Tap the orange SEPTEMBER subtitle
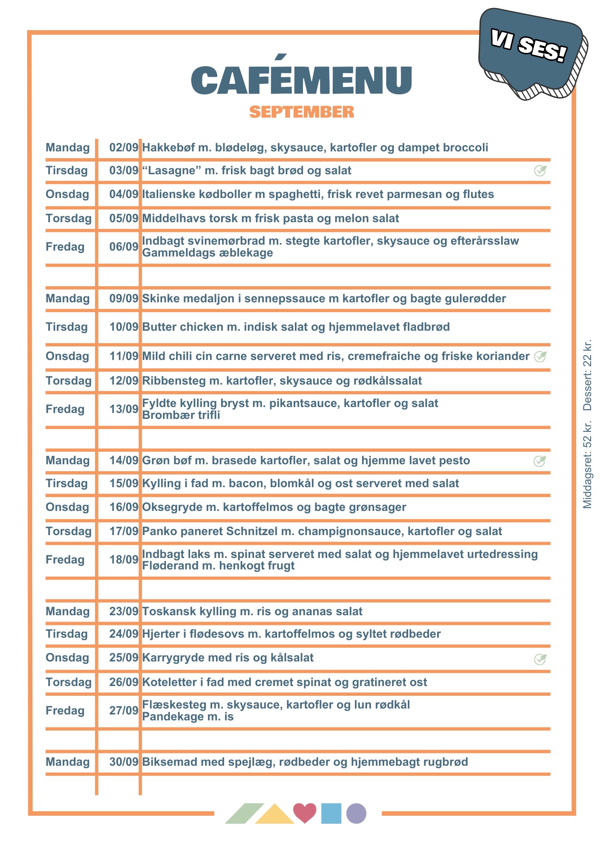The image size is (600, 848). coord(301,112)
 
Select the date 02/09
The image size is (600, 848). coord(123,148)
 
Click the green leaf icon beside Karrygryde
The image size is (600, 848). coord(540,659)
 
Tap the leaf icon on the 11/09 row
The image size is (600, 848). coord(540,357)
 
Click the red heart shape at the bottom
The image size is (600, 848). coord(305,812)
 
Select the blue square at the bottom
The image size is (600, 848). coord(331,813)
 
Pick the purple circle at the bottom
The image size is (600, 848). coord(356,813)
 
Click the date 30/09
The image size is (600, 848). coord(123,762)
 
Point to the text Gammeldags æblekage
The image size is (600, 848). coord(207,253)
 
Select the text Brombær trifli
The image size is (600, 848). coord(181,415)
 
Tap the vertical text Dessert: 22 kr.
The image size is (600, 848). coord(587,375)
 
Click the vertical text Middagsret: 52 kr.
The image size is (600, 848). coord(587,464)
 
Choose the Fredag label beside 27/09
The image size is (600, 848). coord(65,711)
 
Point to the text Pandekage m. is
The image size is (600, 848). coord(188,717)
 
